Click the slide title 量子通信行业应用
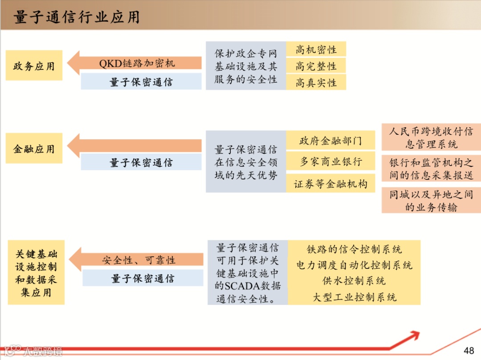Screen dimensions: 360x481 (x=77, y=17)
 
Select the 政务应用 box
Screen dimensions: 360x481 (x=34, y=66)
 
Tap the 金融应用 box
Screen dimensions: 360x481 (x=34, y=148)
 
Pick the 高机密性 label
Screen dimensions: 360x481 (x=316, y=49)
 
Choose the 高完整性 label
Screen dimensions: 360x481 (x=316, y=66)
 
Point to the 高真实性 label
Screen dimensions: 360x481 (x=316, y=82)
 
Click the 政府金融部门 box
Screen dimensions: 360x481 (x=330, y=141)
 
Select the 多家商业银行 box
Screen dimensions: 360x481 (x=330, y=162)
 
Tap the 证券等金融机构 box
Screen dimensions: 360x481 (x=330, y=184)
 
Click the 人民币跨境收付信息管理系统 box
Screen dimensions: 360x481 (x=431, y=137)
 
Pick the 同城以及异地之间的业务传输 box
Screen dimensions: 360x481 (x=431, y=200)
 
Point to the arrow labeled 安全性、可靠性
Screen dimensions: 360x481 (x=138, y=260)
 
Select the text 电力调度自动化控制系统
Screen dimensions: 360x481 (x=354, y=265)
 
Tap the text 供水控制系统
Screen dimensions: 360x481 (x=354, y=281)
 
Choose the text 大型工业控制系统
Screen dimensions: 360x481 (x=354, y=297)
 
